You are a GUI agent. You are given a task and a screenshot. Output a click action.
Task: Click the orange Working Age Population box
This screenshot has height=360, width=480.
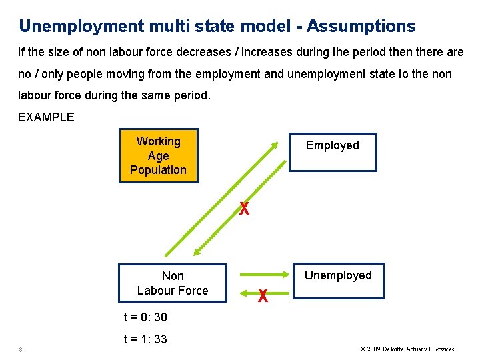[x=158, y=155]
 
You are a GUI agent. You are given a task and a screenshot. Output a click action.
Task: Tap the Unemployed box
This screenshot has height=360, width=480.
[x=339, y=280]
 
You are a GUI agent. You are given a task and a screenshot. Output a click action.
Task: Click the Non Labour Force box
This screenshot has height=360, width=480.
[x=173, y=283]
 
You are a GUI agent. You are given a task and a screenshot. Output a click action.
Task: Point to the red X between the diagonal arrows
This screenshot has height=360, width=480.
[x=245, y=209]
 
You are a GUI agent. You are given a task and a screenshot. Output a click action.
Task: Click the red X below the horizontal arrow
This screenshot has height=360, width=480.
[x=263, y=296]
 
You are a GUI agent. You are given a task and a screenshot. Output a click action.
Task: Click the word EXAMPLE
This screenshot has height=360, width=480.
[x=46, y=117]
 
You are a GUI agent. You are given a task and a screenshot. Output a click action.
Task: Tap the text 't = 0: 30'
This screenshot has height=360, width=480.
[x=145, y=317]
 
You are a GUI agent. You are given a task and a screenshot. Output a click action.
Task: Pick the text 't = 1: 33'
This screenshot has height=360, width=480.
[x=145, y=339]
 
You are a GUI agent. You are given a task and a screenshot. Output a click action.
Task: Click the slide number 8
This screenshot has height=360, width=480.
[x=21, y=349]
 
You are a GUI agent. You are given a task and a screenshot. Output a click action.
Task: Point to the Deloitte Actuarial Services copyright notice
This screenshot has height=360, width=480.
[x=407, y=349]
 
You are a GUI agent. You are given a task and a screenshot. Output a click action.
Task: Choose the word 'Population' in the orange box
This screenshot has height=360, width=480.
[x=158, y=170]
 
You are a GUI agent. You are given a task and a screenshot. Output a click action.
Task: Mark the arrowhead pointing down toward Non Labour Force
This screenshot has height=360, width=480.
[x=197, y=251]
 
